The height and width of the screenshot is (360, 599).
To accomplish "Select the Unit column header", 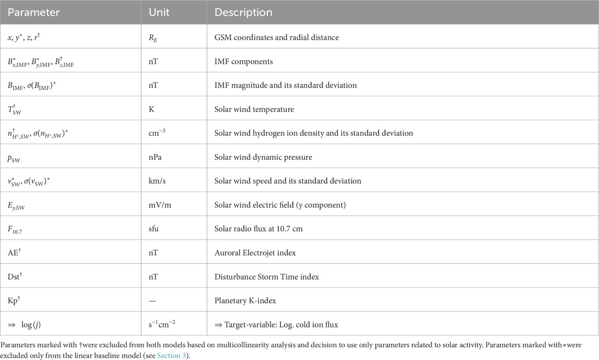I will pyautogui.click(x=160, y=12).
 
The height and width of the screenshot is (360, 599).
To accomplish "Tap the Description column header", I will pyautogui.click(x=243, y=12).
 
